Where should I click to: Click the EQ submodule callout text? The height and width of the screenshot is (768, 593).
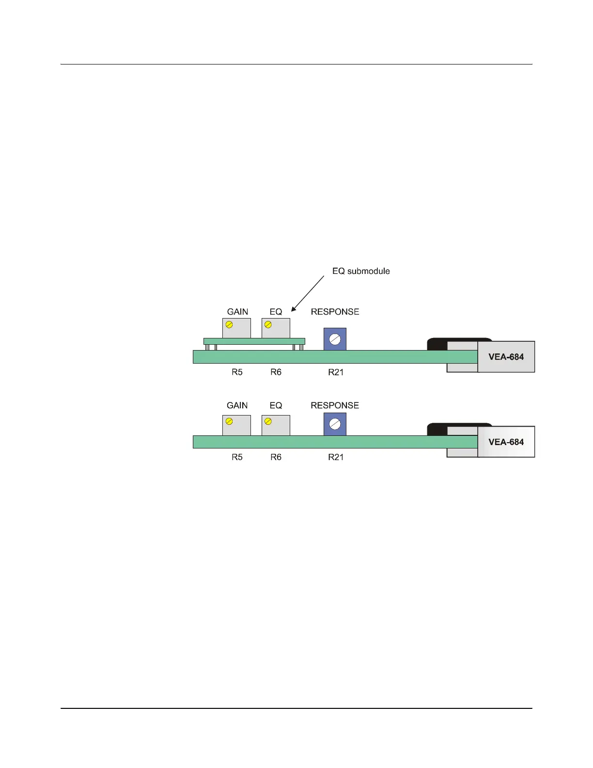point(361,271)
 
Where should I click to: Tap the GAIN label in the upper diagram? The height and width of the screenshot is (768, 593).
point(237,312)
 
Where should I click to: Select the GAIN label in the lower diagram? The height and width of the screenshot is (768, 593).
point(237,405)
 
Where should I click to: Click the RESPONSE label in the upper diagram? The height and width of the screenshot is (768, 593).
point(335,312)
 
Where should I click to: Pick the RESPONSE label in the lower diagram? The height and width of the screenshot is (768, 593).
point(335,405)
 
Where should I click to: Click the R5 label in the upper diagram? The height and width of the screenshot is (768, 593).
point(237,372)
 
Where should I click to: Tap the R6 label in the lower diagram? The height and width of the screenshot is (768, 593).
point(276,457)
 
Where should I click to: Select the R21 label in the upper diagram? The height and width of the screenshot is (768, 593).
point(336,372)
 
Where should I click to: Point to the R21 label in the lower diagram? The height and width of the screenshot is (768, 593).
point(336,457)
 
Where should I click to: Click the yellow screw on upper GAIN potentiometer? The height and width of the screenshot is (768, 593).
point(229,324)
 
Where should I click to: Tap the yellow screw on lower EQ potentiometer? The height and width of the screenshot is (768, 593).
point(268,421)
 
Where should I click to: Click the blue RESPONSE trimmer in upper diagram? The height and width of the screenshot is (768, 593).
point(335,339)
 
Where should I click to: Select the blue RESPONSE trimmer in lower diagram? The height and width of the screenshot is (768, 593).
point(335,424)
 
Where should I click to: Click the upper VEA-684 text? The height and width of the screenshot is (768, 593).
point(506,357)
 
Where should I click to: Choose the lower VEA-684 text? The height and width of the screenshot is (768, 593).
point(506,442)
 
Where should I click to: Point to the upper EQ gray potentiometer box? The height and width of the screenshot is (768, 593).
point(276,328)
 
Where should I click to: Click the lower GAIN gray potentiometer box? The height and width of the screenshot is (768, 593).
point(236,425)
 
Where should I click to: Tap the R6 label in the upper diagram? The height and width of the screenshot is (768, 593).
point(276,372)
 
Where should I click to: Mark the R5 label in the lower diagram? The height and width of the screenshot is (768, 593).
point(237,457)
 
